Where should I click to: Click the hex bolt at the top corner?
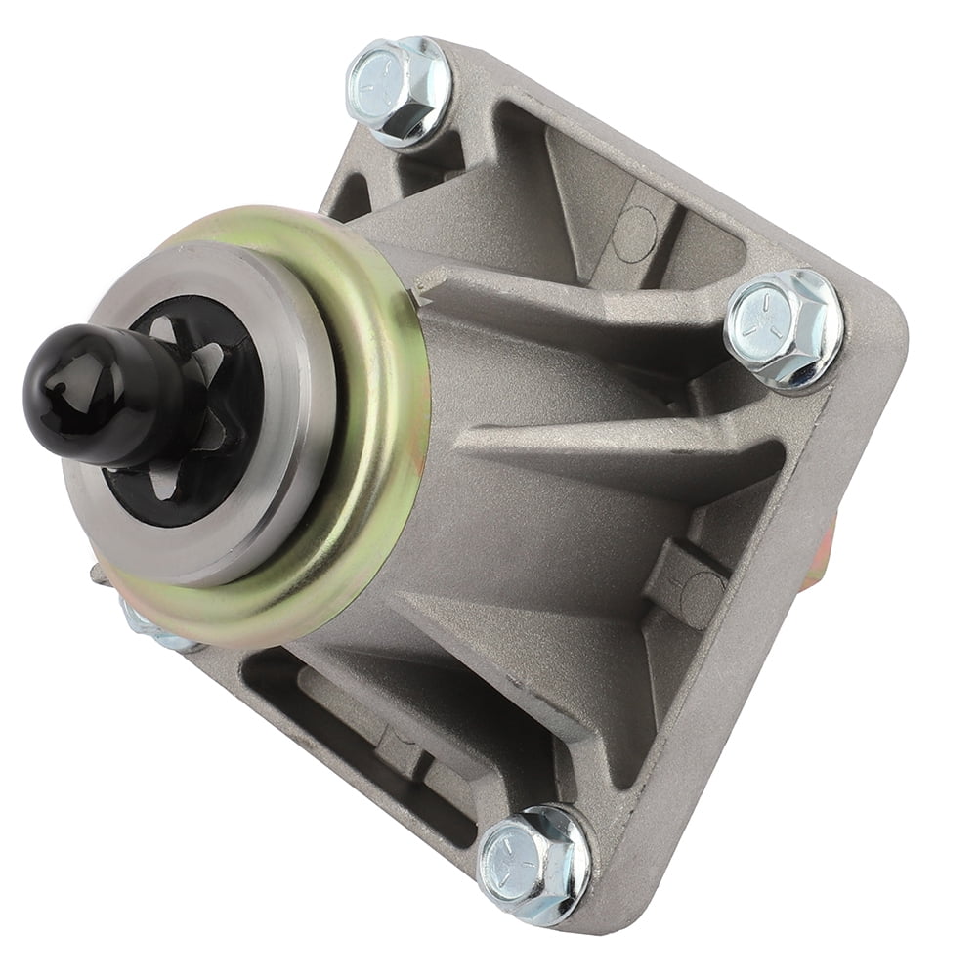(399, 90)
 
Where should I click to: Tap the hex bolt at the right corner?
(783, 328)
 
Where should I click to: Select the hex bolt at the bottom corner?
(534, 863)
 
